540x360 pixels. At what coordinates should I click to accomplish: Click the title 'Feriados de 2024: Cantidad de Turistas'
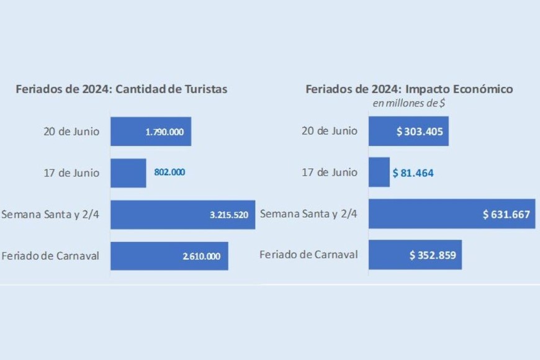click(x=122, y=89)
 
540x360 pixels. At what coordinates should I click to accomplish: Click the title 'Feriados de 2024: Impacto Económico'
click(x=409, y=89)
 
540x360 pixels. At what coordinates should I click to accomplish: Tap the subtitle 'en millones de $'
click(x=408, y=103)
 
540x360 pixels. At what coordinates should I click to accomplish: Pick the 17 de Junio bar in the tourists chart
click(x=128, y=173)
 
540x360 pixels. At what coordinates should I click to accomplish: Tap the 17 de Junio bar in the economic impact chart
click(x=379, y=173)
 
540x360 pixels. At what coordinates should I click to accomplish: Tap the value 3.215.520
click(x=229, y=215)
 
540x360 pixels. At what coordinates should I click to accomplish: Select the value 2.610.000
click(x=202, y=256)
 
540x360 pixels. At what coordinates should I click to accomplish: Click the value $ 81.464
click(x=413, y=173)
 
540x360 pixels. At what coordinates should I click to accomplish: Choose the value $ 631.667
click(x=506, y=215)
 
